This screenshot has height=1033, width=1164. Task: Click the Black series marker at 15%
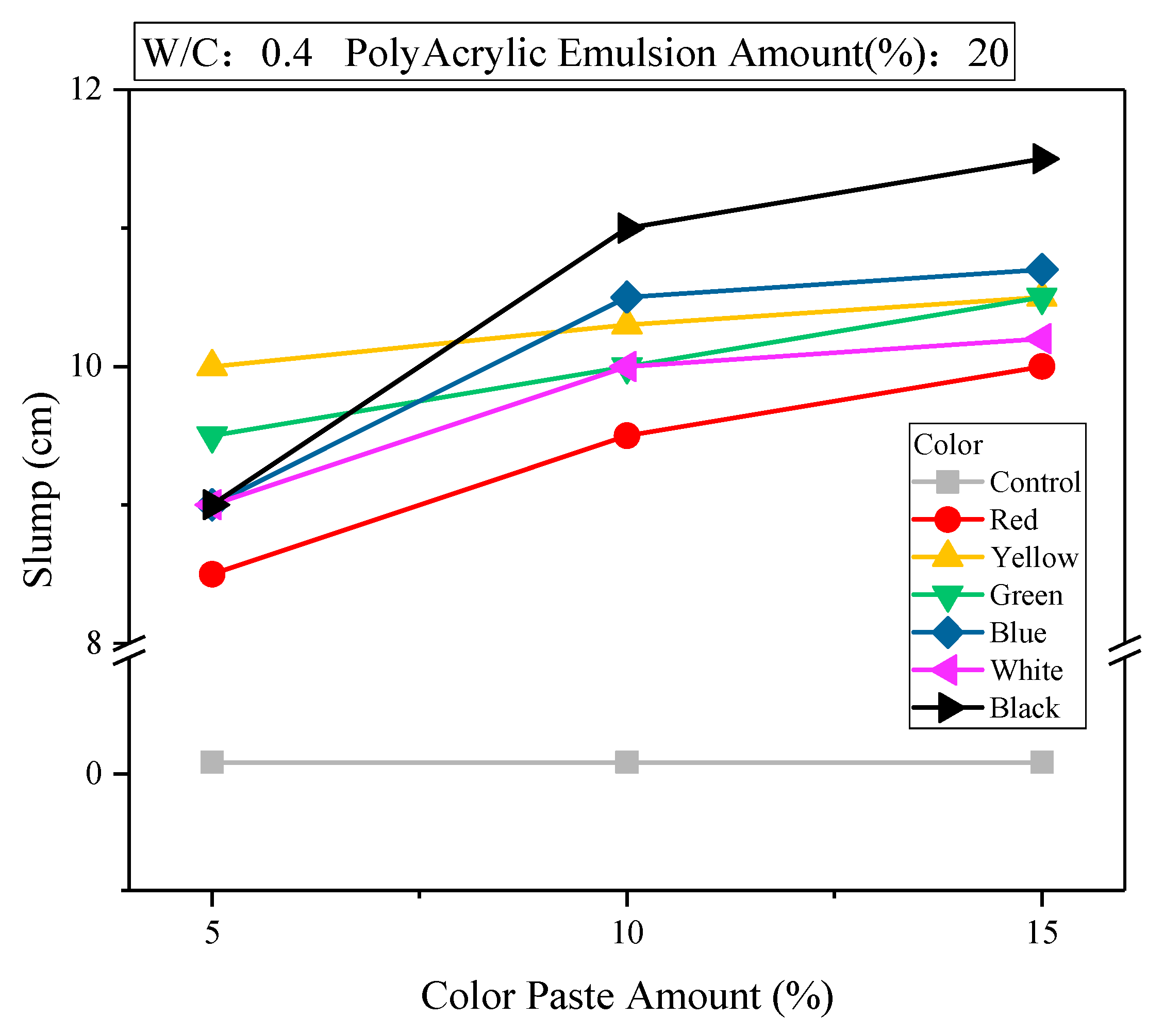[x=1043, y=159]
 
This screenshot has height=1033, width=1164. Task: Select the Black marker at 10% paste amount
[x=629, y=228]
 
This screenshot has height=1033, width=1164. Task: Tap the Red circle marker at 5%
[x=212, y=574]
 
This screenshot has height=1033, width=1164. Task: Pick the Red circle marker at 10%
[x=627, y=436]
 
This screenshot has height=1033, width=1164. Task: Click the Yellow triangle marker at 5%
[x=212, y=364]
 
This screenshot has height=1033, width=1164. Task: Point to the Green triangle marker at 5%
[x=212, y=437]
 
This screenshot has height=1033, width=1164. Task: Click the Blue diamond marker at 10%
[x=627, y=297]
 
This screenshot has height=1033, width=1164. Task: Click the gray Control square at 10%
[x=627, y=762]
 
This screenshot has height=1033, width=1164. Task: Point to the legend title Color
[x=947, y=445]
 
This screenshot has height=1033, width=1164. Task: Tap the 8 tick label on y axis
[x=94, y=643]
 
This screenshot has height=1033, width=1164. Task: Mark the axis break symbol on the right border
[x=1125, y=650]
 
